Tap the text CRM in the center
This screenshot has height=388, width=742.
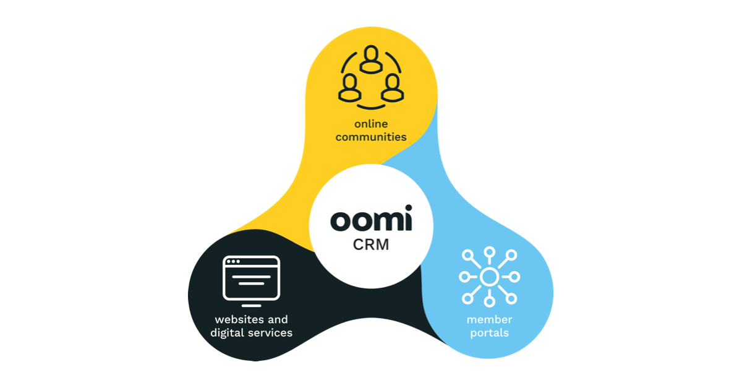pos(371,244)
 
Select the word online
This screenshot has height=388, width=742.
pos(371,124)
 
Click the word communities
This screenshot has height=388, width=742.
pos(371,137)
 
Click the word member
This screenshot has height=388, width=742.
pos(488,320)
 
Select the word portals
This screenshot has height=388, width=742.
pos(488,333)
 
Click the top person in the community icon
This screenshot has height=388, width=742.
pos(371,59)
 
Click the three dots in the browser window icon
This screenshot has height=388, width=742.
pos(234,262)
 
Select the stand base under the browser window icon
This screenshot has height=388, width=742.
pos(250,305)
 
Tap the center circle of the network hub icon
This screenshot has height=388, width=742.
pos(489,277)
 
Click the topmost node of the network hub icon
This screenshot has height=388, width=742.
pos(489,252)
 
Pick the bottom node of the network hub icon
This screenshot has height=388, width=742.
pos(489,302)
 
